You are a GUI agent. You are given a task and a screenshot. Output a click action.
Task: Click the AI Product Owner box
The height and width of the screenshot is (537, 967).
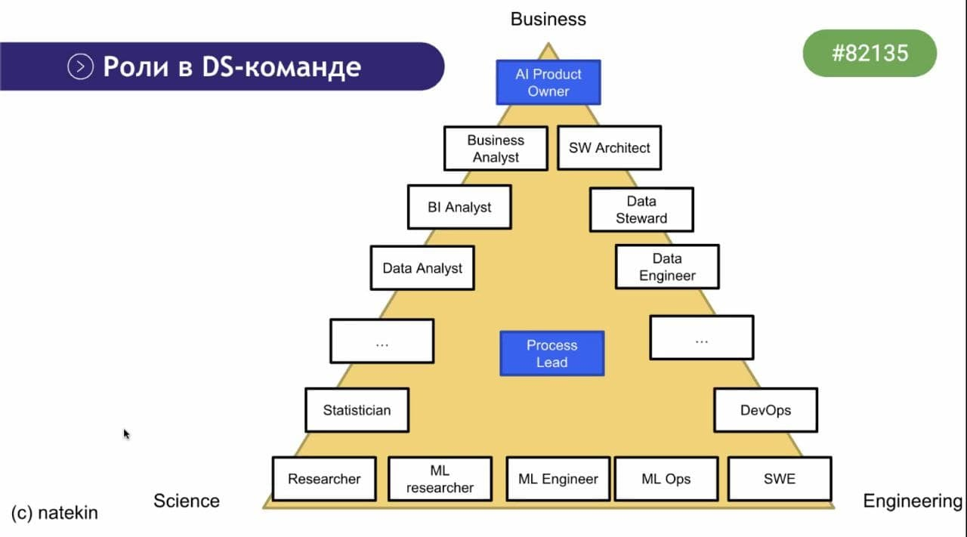pyautogui.click(x=548, y=82)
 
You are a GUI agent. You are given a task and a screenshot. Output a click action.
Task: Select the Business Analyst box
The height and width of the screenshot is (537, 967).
pyautogui.click(x=496, y=148)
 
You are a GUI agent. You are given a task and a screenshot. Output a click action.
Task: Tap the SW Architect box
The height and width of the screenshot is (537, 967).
pyautogui.click(x=609, y=148)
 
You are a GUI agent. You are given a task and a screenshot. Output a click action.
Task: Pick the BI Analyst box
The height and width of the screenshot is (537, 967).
pyautogui.click(x=459, y=207)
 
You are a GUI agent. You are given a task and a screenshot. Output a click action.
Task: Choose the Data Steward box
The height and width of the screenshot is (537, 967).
pyautogui.click(x=641, y=210)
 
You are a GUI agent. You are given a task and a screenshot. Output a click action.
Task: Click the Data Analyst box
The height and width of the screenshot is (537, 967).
pyautogui.click(x=422, y=267)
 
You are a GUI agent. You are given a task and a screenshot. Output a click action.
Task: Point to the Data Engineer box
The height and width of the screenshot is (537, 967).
pyautogui.click(x=667, y=267)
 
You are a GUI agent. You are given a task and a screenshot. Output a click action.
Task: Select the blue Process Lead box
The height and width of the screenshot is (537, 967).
pyautogui.click(x=552, y=353)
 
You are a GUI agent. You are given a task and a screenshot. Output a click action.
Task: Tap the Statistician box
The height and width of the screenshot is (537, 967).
pyautogui.click(x=357, y=410)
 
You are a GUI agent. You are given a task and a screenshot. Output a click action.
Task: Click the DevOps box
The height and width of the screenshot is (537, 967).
pyautogui.click(x=765, y=410)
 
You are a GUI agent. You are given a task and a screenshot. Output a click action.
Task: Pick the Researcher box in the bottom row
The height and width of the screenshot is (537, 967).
pyautogui.click(x=324, y=479)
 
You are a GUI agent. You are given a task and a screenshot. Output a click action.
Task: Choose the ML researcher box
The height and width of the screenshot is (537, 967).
pyautogui.click(x=440, y=479)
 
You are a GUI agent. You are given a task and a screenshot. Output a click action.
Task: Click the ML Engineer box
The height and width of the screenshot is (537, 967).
pyautogui.click(x=558, y=479)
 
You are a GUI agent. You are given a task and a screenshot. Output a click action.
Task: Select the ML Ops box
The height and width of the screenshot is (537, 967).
pyautogui.click(x=666, y=479)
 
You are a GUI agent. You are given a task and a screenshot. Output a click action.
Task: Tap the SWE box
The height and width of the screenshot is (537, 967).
pyautogui.click(x=779, y=479)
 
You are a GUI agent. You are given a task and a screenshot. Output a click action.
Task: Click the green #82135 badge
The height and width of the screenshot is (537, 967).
pyautogui.click(x=870, y=54)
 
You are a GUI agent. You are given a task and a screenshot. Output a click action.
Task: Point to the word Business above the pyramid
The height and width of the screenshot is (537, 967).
pyautogui.click(x=548, y=19)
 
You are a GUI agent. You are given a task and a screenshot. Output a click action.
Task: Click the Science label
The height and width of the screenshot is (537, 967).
pyautogui.click(x=187, y=501)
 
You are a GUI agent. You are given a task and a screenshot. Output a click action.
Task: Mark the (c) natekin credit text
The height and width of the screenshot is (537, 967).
pyautogui.click(x=54, y=513)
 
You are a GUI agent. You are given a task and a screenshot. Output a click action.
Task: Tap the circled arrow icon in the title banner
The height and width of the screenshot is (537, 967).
pyautogui.click(x=80, y=67)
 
